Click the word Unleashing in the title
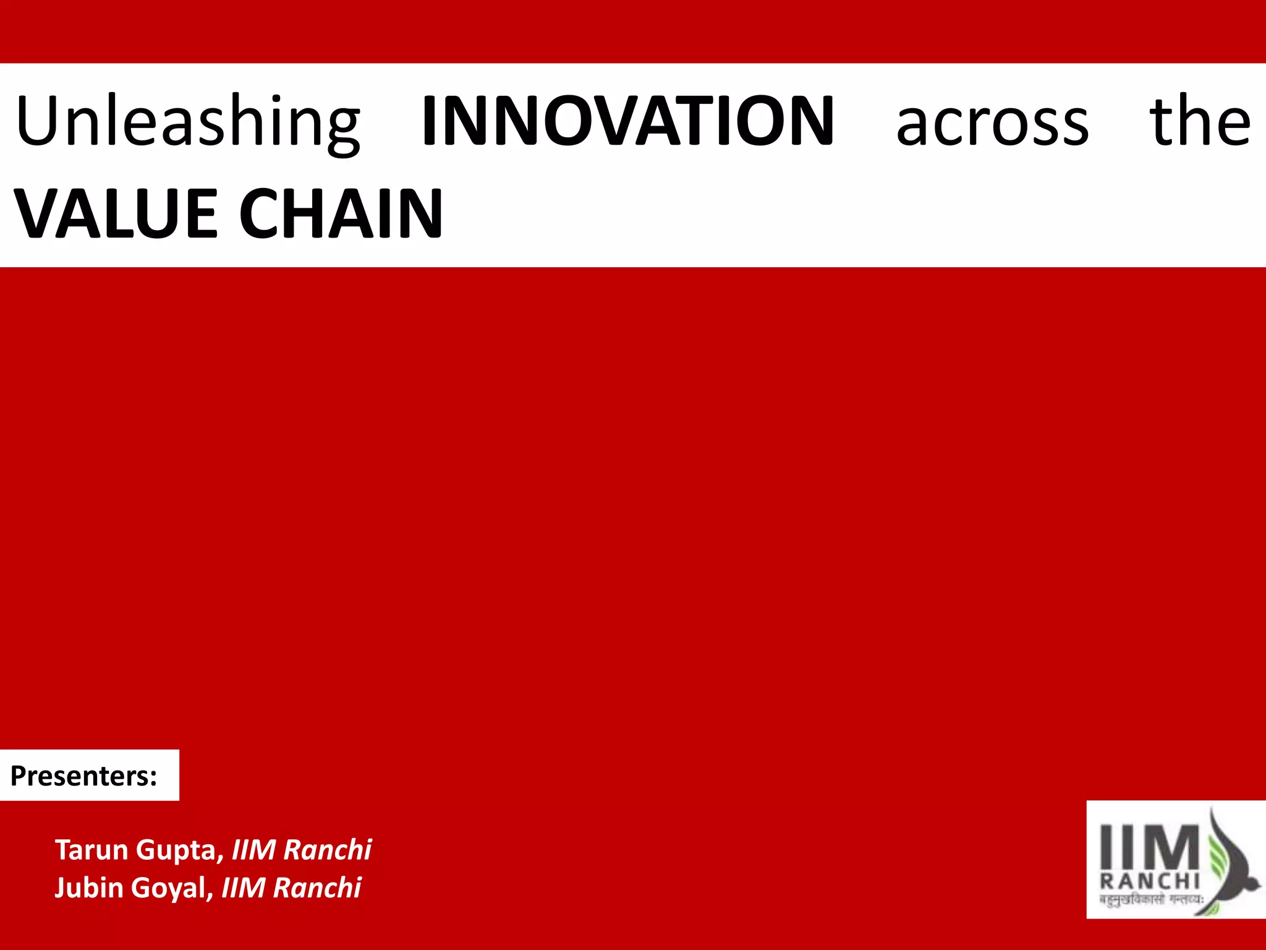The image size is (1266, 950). pos(187,122)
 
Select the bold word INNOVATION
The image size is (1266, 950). pos(627,122)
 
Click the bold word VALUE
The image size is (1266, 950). pos(116,214)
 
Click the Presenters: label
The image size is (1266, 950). pos(84,776)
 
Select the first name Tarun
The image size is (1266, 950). pos(92,850)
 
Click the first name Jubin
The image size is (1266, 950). pos(89,888)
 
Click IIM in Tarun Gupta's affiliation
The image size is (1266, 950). pos(253,850)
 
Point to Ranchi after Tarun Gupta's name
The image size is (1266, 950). pos(328,850)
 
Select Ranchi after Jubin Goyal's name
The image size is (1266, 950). pos(317,888)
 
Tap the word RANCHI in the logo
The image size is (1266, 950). pos(1150,881)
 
